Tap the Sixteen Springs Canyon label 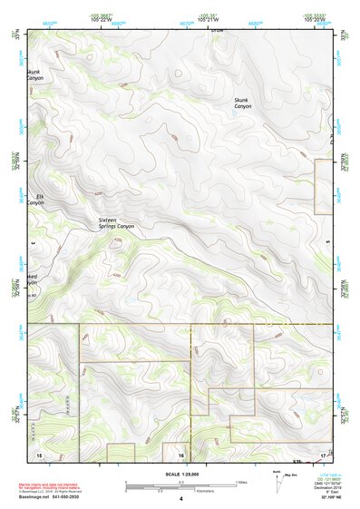pos(122,223)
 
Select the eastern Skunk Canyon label pos(243,103)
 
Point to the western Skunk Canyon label pos(34,74)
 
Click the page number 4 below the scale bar pos(180,499)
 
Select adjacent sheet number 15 pos(38,453)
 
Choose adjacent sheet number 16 pos(181,453)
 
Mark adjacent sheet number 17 pos(324,453)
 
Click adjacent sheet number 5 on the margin pos(326,243)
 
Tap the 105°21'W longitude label pos(209,20)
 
